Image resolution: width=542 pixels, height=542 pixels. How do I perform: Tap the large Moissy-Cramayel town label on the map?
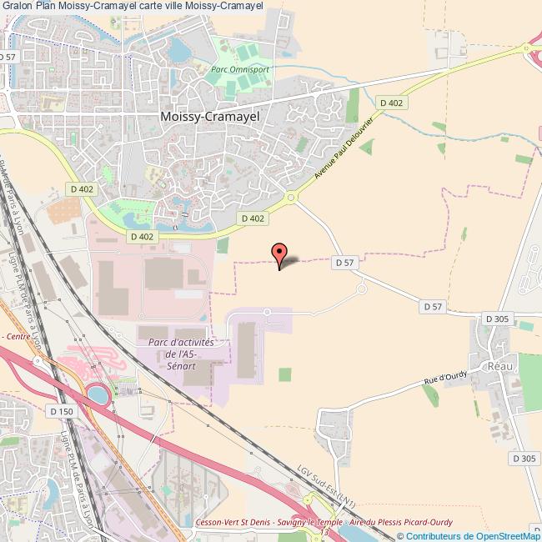coord(209,118)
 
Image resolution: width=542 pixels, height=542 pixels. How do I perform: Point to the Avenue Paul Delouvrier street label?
coord(343,146)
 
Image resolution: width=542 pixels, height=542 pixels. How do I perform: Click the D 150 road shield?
coord(61,411)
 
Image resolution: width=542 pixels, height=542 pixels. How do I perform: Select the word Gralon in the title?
coord(18,6)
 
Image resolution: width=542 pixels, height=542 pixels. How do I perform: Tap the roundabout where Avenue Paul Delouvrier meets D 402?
coord(291,198)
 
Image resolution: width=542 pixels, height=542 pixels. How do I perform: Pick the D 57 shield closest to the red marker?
coord(344,262)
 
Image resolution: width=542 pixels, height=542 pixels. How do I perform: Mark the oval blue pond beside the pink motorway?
coord(98,395)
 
